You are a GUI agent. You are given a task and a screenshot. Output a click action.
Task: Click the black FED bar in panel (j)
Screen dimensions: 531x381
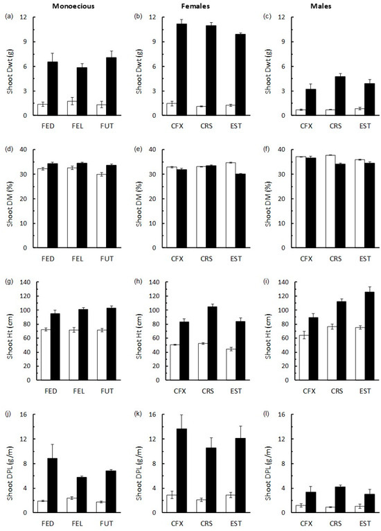[x=53, y=485]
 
